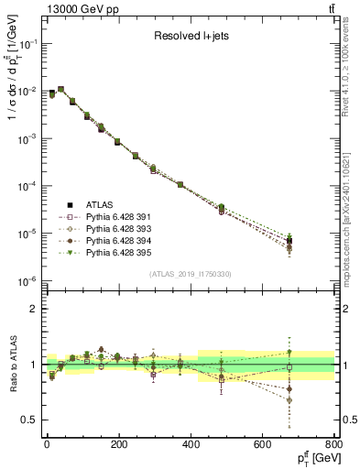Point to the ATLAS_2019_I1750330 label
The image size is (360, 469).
click(190, 274)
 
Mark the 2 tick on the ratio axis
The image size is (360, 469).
click(36, 309)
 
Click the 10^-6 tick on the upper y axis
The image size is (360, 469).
click(29, 281)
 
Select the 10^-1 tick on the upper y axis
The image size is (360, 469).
click(29, 43)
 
